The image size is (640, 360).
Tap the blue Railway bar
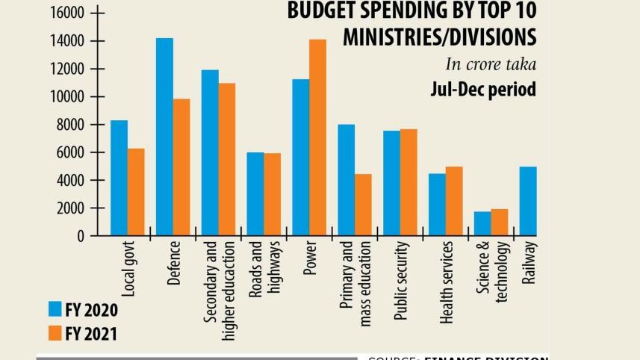click(x=527, y=201)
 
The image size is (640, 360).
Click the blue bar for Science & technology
click(x=482, y=223)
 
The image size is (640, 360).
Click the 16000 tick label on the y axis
click(x=66, y=13)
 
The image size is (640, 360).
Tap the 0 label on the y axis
click(x=80, y=236)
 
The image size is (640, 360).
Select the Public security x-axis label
click(x=401, y=282)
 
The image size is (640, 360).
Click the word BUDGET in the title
click(x=322, y=12)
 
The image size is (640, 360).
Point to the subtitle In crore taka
click(x=491, y=64)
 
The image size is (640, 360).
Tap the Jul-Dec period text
click(x=483, y=90)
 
